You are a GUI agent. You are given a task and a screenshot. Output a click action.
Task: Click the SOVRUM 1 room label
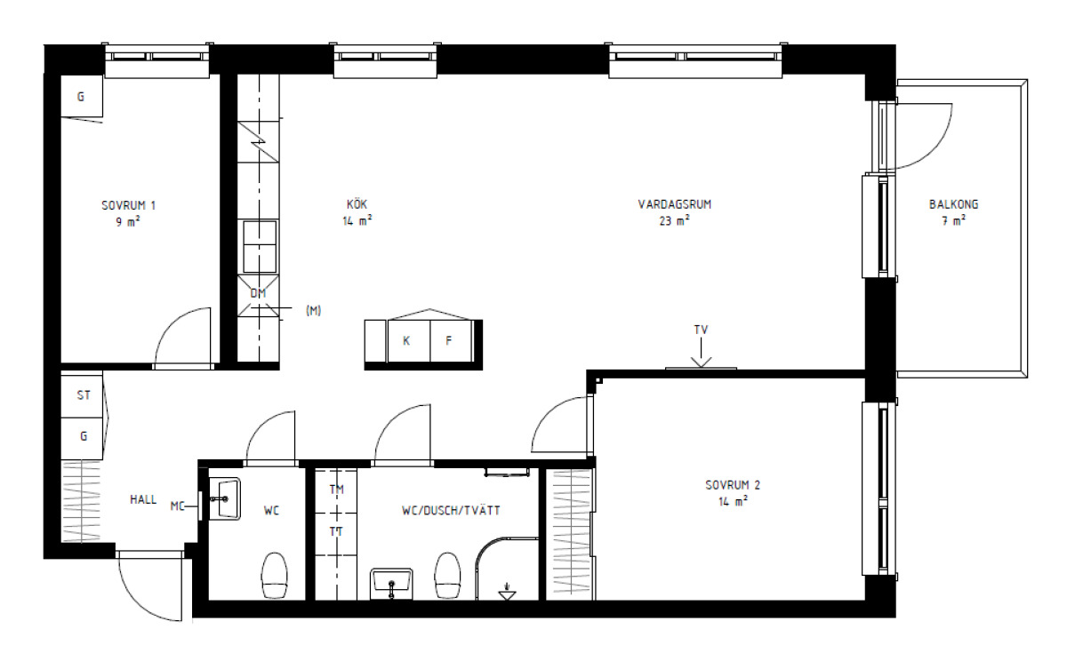click(129, 205)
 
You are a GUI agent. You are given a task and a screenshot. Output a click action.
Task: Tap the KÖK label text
click(357, 204)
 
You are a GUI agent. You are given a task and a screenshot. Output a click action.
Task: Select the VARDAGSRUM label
click(675, 204)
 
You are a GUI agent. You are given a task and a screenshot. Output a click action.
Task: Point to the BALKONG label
click(953, 204)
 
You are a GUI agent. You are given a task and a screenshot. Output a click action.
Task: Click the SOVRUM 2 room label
click(733, 485)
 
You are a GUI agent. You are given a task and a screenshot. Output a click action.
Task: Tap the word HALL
click(143, 499)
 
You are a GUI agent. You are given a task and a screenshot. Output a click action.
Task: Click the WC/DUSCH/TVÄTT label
click(451, 511)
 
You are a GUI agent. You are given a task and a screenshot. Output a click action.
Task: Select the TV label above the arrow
click(702, 330)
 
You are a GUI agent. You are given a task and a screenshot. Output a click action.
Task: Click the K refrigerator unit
click(409, 341)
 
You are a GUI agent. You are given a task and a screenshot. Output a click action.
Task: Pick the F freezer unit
click(451, 341)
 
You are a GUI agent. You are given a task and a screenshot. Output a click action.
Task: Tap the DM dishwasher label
click(258, 293)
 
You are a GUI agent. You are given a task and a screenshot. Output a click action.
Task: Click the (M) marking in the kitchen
click(313, 311)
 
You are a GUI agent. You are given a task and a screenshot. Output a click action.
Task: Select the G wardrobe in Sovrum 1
click(82, 96)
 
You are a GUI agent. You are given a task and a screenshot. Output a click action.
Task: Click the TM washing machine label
click(336, 490)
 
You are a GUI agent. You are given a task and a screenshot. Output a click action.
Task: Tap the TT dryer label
click(336, 531)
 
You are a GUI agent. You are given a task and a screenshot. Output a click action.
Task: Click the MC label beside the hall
click(177, 506)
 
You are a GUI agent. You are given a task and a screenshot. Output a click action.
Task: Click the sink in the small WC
click(225, 498)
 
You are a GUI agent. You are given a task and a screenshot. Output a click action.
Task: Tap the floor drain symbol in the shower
click(507, 592)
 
